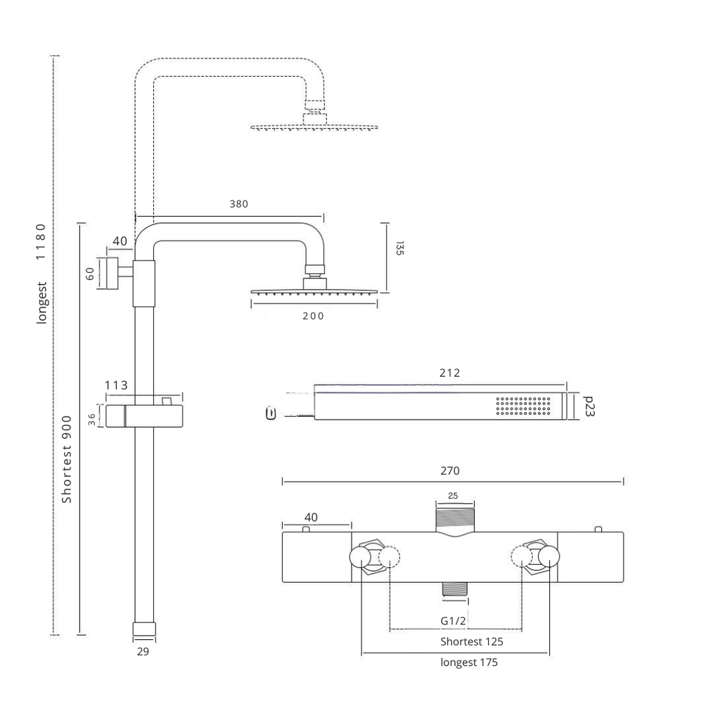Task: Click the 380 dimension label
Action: [x=238, y=204]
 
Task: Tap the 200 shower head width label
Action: [x=314, y=316]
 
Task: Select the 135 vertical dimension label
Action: [x=399, y=248]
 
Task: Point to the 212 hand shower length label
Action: [x=449, y=373]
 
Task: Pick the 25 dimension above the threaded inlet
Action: [x=454, y=496]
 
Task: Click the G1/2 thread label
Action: [x=454, y=620]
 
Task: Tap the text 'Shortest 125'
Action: [x=472, y=641]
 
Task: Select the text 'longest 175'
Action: [x=469, y=662]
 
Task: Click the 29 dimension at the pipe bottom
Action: [x=143, y=652]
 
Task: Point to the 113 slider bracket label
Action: [x=116, y=385]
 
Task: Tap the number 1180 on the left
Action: [x=41, y=242]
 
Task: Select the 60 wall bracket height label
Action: [x=90, y=273]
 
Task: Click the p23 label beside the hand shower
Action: [x=589, y=406]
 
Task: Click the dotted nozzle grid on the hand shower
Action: [x=523, y=406]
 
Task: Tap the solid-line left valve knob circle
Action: [x=361, y=558]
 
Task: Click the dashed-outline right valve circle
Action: [x=521, y=558]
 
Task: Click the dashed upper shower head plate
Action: [x=314, y=127]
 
